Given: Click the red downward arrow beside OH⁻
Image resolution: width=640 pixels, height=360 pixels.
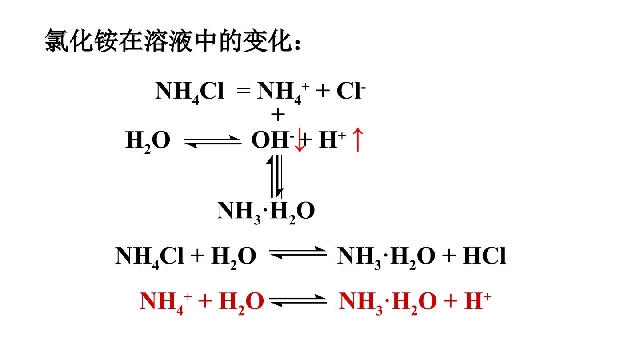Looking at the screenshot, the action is [x=300, y=140].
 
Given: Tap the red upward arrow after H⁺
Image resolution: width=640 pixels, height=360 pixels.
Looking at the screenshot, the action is [x=358, y=140].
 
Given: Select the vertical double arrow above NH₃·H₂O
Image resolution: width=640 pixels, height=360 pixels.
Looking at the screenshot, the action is [x=275, y=176].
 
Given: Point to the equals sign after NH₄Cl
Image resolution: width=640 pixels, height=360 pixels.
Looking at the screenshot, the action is [x=244, y=91].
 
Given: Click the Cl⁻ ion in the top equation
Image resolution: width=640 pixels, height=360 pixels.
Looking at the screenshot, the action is [x=351, y=91].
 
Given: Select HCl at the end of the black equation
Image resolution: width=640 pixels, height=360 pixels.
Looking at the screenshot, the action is [x=484, y=256].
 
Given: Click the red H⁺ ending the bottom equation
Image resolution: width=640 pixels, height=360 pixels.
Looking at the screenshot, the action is [x=478, y=301].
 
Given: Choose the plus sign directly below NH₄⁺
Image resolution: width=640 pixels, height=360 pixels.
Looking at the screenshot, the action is [x=278, y=115].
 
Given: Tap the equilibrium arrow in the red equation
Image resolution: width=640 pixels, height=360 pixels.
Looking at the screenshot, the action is [x=298, y=300].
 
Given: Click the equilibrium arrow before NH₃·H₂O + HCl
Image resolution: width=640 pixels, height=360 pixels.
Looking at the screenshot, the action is [x=298, y=252].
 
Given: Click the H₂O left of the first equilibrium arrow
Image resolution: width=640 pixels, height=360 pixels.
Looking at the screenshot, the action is [x=148, y=142].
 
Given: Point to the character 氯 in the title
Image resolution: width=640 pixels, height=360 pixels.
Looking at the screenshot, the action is [x=56, y=40].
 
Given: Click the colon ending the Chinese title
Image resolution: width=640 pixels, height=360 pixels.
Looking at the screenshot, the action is [x=297, y=44].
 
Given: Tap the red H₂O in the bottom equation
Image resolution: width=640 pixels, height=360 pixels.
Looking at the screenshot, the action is [x=241, y=303].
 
